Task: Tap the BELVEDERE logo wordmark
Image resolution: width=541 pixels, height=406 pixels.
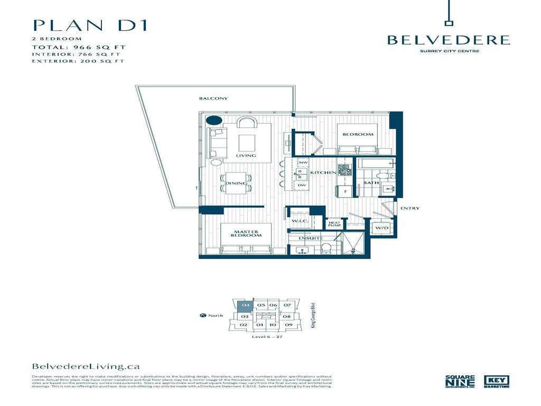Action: coord(449,40)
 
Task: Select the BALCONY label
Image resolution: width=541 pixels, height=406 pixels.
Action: coord(213,99)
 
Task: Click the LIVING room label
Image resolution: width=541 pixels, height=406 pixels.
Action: coord(246,156)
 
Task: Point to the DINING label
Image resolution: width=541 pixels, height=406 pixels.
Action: coord(236,183)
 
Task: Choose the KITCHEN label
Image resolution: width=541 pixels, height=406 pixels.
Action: coord(323,173)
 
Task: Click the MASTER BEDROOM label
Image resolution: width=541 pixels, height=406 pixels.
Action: coord(246,233)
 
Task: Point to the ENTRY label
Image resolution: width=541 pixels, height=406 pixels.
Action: coord(410,208)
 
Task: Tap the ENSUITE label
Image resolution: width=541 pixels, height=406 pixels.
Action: coord(311,238)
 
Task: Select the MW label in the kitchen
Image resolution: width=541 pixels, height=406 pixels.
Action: coord(303,162)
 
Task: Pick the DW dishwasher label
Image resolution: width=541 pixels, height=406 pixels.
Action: coord(302,185)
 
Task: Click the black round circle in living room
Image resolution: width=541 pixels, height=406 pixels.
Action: coord(213,120)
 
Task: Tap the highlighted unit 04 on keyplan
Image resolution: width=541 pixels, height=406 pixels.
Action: coord(245,306)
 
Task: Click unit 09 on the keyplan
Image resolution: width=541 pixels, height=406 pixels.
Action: coord(288,325)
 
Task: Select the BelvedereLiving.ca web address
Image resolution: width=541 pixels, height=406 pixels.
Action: coord(86,366)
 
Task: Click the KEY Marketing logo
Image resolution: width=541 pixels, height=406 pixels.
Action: coord(497,382)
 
